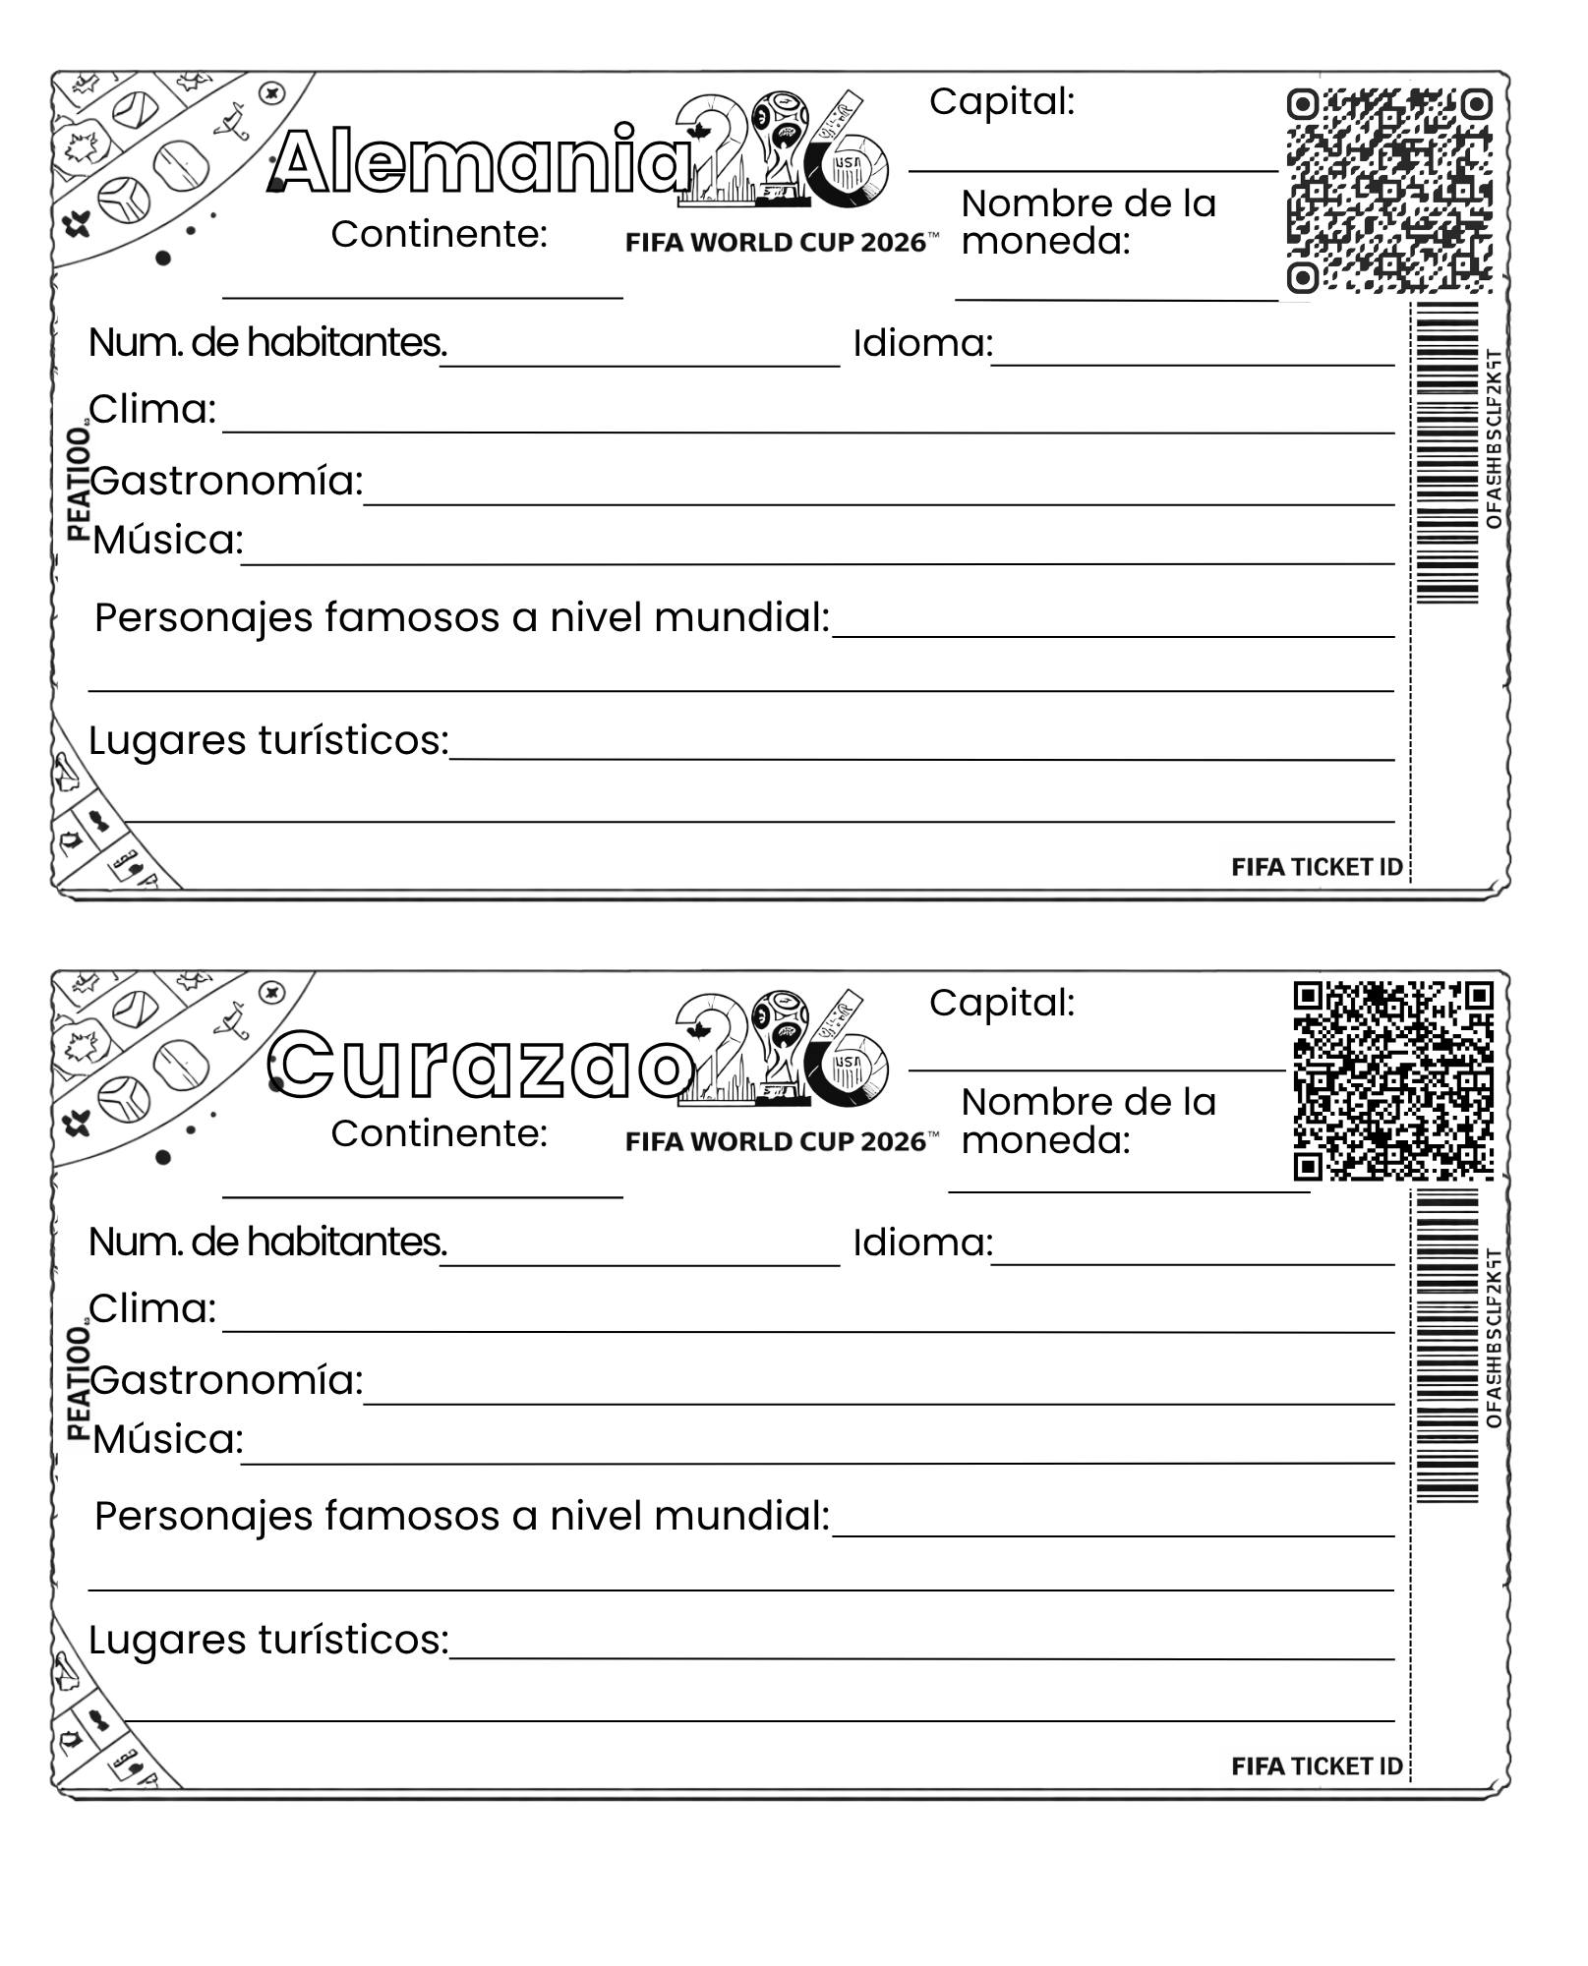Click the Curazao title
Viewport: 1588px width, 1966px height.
click(x=482, y=1065)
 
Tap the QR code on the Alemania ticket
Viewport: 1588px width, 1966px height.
click(x=1389, y=191)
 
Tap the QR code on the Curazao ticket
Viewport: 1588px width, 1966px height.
click(x=1392, y=1080)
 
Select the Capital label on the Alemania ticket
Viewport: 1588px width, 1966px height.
click(x=1001, y=101)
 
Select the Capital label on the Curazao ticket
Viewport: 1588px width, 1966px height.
click(x=1001, y=1003)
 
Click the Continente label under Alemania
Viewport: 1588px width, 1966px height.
click(x=439, y=234)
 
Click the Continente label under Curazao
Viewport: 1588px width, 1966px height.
click(x=439, y=1133)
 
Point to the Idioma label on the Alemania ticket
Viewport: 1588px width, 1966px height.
click(x=922, y=343)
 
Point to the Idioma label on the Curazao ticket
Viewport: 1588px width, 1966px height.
click(x=922, y=1243)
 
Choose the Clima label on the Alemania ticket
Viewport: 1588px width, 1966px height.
click(x=152, y=409)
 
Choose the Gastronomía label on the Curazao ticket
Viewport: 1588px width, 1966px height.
click(x=226, y=1380)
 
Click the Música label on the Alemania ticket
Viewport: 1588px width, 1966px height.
click(x=167, y=540)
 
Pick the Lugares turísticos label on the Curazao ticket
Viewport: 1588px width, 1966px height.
click(x=268, y=1640)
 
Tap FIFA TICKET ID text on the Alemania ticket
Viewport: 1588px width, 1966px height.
click(x=1317, y=867)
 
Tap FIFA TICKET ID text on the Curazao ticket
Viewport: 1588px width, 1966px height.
click(x=1317, y=1766)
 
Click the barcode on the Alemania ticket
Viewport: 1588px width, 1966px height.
click(x=1446, y=452)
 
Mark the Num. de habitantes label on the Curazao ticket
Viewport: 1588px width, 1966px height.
click(x=267, y=1243)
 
